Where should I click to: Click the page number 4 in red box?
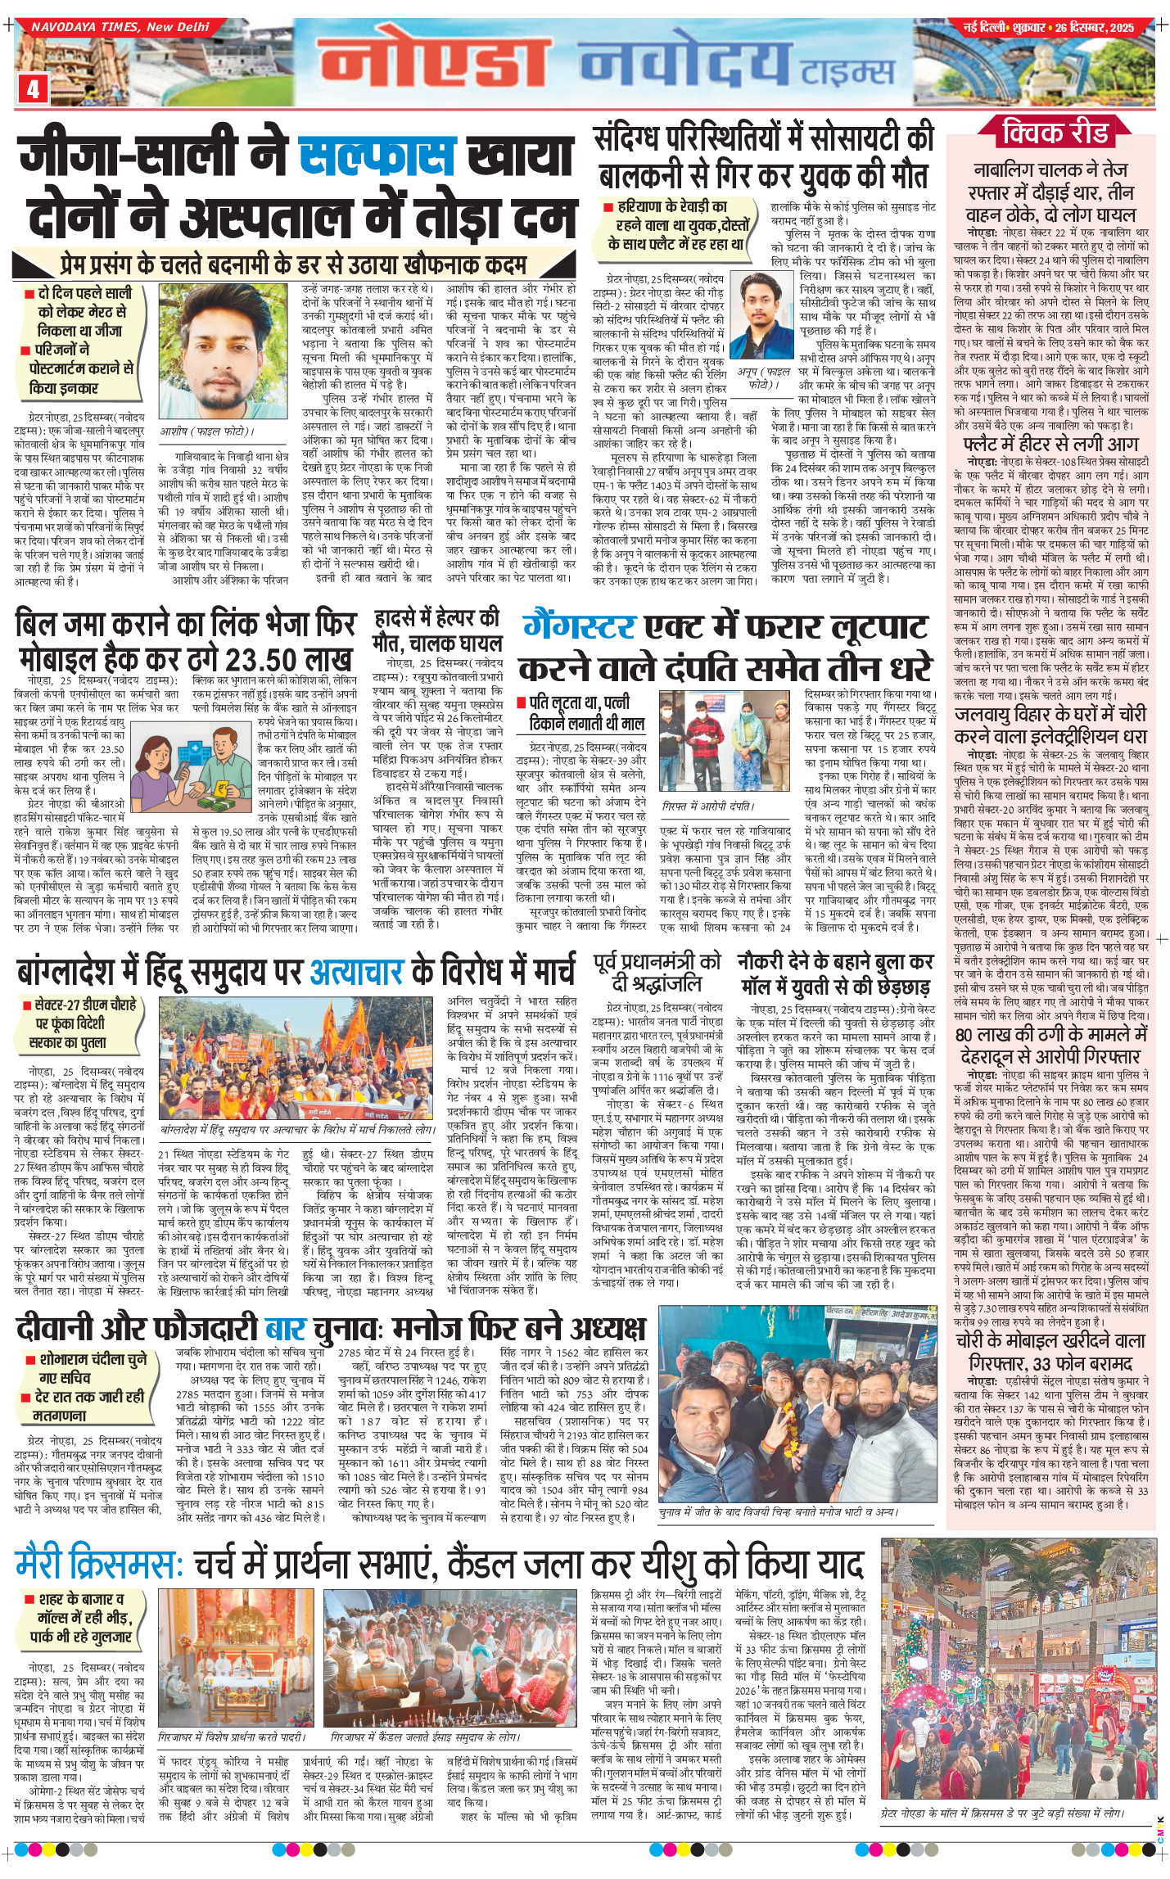(33, 88)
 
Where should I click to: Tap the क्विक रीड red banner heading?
(1055, 132)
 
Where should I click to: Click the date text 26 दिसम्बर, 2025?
(1094, 28)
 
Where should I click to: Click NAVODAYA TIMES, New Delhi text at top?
(120, 27)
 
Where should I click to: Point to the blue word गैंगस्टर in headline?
(579, 627)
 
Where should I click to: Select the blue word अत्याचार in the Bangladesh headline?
(356, 972)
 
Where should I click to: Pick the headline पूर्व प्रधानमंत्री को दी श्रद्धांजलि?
(657, 972)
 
